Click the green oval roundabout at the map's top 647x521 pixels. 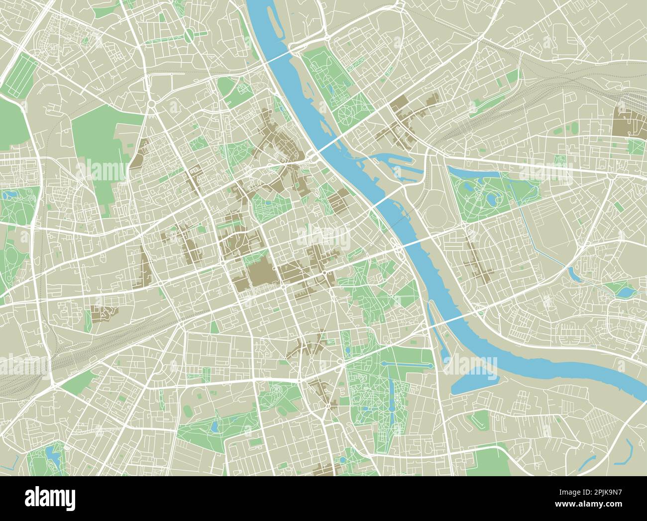point(190,35)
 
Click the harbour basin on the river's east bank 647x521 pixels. point(393,159)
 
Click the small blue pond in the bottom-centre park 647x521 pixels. point(215,426)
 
